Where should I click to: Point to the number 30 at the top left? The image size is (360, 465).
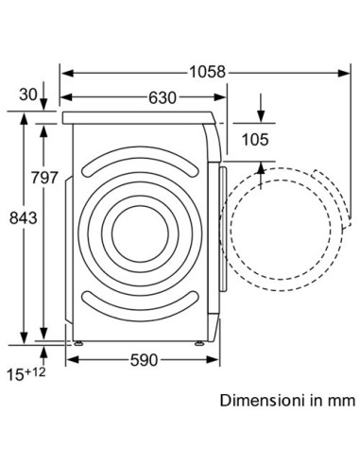click(x=29, y=95)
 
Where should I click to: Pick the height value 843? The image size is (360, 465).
click(x=21, y=218)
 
